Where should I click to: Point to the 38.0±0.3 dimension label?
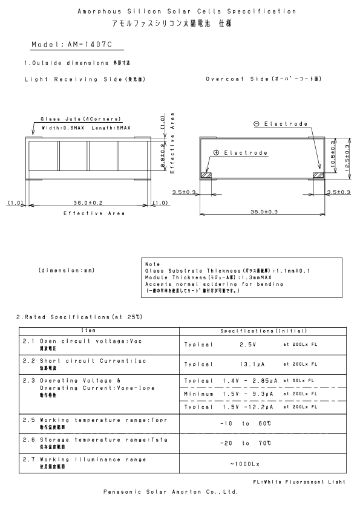click(x=263, y=212)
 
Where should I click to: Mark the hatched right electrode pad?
click(x=318, y=175)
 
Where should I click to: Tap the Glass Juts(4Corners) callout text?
click(x=80, y=118)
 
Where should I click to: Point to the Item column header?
click(x=100, y=331)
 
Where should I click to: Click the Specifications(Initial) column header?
click(x=263, y=331)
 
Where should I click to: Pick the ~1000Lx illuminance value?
click(x=244, y=464)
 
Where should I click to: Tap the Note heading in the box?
click(x=152, y=264)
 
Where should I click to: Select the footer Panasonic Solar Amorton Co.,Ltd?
click(x=169, y=493)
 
